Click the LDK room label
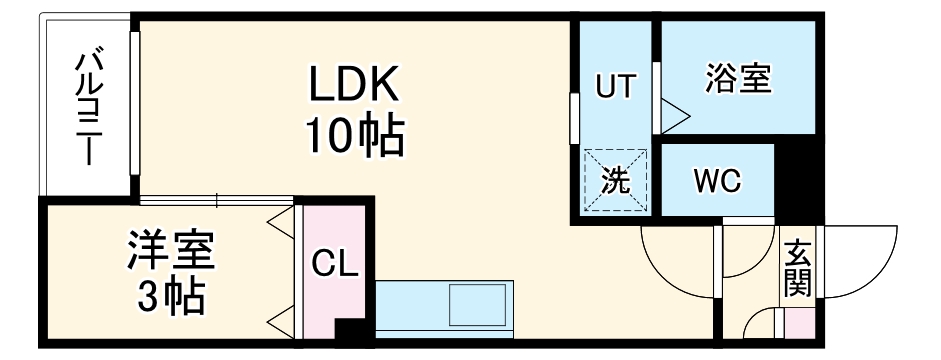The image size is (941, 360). (353, 87)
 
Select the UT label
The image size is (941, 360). (614, 86)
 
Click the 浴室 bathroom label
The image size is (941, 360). (738, 79)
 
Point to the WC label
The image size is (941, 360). (717, 181)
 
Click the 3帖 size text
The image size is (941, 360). (171, 297)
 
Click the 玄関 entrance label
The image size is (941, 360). (798, 270)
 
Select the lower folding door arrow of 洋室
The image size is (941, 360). (280, 322)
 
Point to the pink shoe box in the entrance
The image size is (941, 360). (800, 325)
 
